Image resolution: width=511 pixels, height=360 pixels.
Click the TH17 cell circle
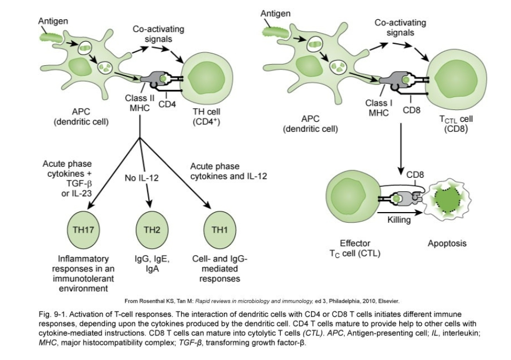83,230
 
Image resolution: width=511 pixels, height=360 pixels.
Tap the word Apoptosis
447,244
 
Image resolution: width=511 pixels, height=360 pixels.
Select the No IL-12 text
142,178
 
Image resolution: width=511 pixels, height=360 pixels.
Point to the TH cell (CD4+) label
206,117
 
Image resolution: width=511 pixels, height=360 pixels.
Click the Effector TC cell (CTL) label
355,248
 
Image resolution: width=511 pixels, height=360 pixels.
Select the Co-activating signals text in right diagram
400,27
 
